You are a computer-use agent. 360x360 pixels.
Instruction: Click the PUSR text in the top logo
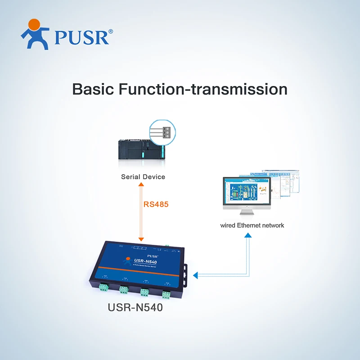pos(81,37)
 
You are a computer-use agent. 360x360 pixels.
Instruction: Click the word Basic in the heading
pos(93,89)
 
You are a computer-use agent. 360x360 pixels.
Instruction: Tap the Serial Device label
pos(143,177)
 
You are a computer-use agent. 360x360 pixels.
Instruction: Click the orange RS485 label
pos(156,204)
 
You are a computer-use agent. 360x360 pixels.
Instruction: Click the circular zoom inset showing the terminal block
pos(162,133)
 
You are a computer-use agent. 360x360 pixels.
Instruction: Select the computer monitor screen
pos(246,191)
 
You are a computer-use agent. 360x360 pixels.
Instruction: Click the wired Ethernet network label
pos(252,225)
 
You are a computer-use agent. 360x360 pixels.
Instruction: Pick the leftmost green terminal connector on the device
pos(103,287)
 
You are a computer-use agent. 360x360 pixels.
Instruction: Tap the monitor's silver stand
pos(247,211)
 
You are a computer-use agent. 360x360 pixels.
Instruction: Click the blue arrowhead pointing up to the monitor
pos(247,237)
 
